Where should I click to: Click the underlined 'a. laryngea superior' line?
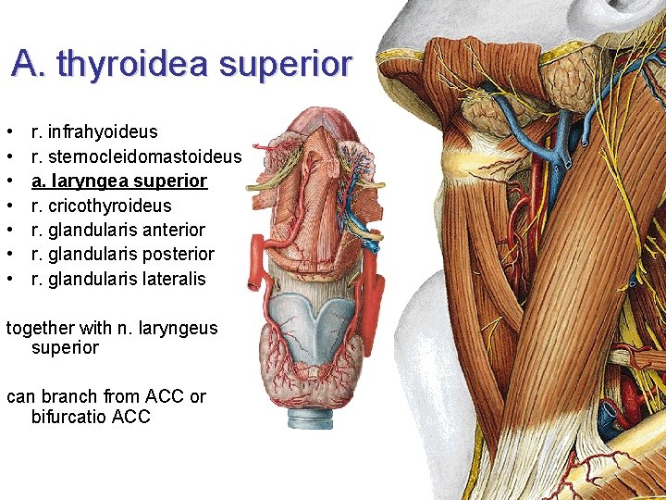click(119, 181)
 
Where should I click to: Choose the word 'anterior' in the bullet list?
click(174, 230)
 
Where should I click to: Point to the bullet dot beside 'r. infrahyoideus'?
click(9, 132)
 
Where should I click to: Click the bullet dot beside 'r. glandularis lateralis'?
click(9, 279)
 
